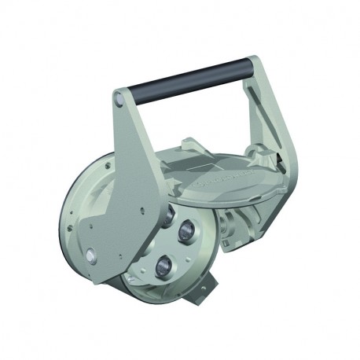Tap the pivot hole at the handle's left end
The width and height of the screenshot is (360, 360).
[x=119, y=99]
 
